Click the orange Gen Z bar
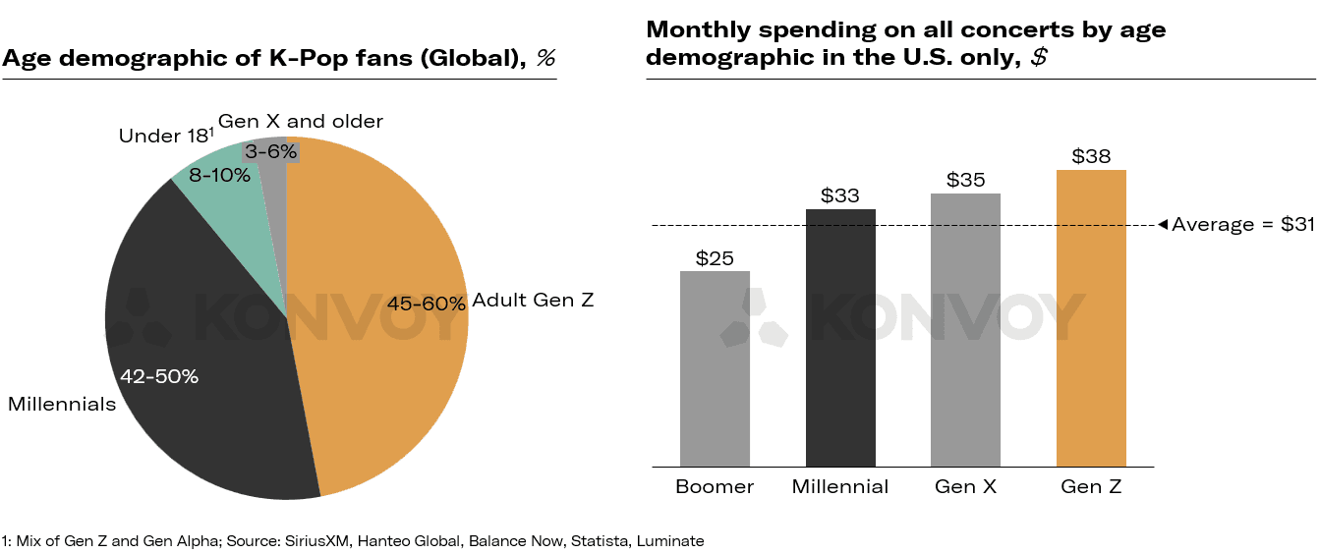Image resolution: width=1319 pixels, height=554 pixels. [x=1091, y=318]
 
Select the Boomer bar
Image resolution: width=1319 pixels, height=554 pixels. [x=715, y=368]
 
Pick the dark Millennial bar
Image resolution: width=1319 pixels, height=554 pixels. [x=840, y=338]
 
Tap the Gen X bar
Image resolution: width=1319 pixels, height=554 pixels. [x=965, y=330]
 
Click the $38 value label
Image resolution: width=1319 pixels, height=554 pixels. [x=1091, y=156]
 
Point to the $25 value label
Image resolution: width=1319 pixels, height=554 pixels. [x=715, y=258]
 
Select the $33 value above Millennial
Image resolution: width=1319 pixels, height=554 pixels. [x=840, y=195]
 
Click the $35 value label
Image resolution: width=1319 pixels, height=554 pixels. [x=965, y=180]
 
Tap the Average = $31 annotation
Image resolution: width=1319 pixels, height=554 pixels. [x=1242, y=225]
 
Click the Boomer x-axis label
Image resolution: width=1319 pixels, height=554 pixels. [x=715, y=487]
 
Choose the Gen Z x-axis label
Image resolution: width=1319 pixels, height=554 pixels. [x=1091, y=487]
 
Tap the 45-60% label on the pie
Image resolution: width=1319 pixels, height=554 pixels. [x=426, y=305]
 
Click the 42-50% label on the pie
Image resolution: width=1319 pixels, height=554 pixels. [x=159, y=376]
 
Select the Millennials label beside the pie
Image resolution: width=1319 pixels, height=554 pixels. [x=62, y=405]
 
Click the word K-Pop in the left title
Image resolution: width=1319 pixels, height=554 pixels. [x=305, y=58]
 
